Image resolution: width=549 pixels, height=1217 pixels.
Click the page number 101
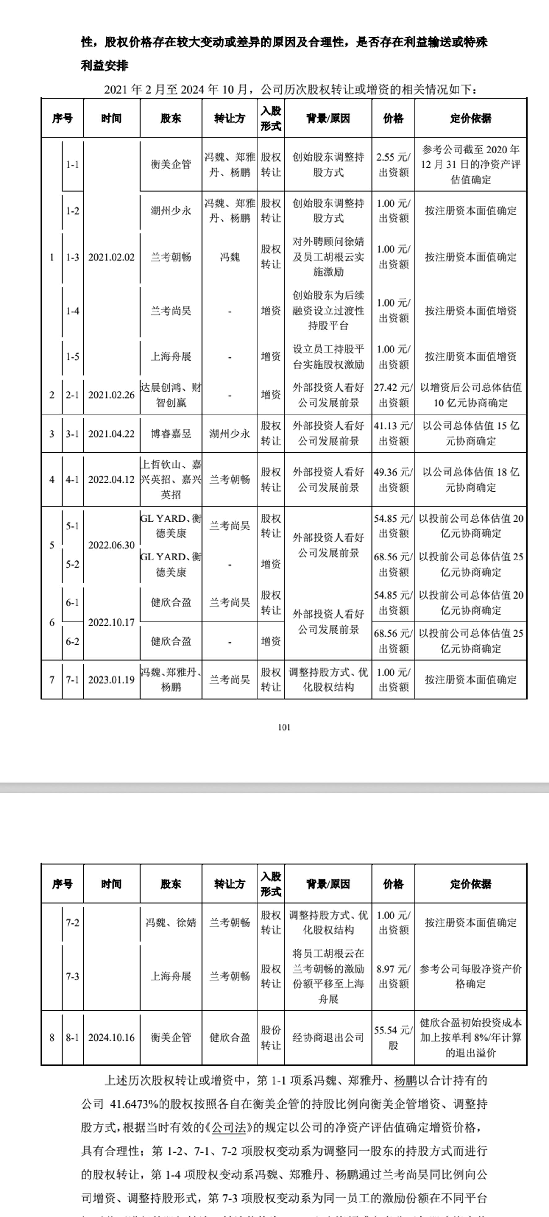coord(284,727)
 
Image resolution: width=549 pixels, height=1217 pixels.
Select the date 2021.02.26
coord(112,395)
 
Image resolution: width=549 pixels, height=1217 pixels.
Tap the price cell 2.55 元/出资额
coord(393,164)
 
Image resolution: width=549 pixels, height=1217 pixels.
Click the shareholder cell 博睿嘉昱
coord(171,434)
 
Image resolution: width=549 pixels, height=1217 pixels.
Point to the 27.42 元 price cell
coord(393,395)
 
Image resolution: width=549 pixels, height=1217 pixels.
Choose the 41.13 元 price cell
coord(393,434)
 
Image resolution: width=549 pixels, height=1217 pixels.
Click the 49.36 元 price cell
coord(393,480)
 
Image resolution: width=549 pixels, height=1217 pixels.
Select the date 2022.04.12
coord(112,480)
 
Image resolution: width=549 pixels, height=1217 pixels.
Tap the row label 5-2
coord(72,564)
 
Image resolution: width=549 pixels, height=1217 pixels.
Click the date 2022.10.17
coord(112,622)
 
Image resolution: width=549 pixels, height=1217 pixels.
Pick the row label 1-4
coord(72,311)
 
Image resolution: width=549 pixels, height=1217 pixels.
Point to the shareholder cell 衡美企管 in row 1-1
coord(171,164)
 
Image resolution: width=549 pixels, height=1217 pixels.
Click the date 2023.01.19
coord(112,680)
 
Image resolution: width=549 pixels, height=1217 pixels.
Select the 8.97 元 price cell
coord(393,976)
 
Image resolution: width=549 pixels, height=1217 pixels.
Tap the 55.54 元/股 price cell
coord(393,1038)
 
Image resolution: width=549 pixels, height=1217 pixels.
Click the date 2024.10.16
coord(112,1038)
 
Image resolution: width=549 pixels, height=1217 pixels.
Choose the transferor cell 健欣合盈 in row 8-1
coord(230,1038)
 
